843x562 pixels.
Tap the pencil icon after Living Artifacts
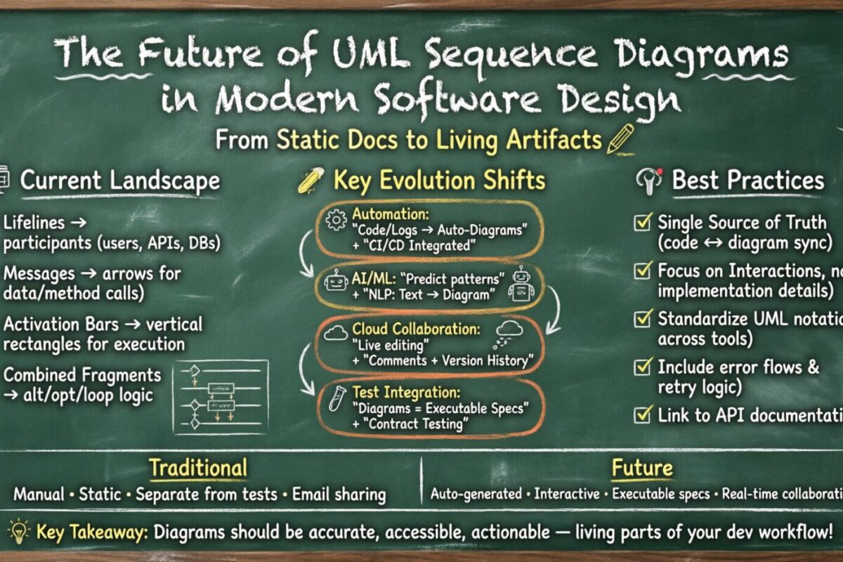tap(620, 138)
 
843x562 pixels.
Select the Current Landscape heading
tap(119, 181)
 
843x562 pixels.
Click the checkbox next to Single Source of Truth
tap(642, 223)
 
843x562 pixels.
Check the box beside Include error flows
tap(642, 367)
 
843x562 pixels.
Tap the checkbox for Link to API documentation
tap(642, 414)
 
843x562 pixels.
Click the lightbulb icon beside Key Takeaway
tap(18, 530)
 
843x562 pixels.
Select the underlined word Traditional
tap(197, 468)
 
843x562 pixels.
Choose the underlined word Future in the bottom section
tap(641, 468)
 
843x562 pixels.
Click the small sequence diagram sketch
tap(220, 397)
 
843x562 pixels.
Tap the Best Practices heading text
tap(747, 181)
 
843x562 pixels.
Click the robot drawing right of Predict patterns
tap(521, 283)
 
